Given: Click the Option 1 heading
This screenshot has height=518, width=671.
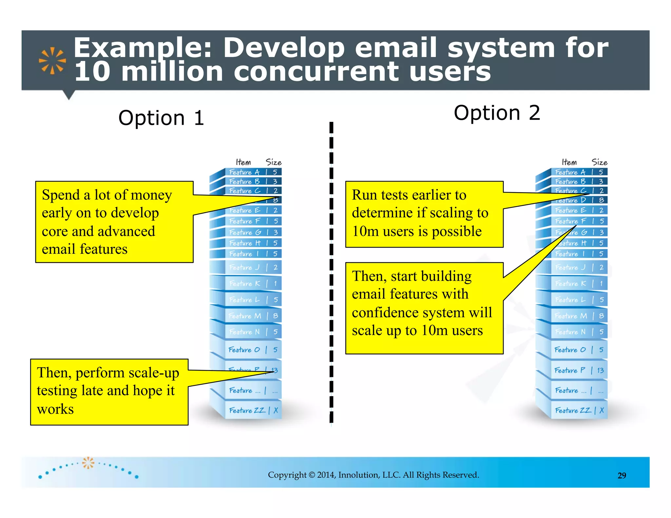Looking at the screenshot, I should click(x=161, y=118).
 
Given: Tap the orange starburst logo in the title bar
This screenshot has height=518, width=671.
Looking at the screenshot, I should click(x=52, y=61).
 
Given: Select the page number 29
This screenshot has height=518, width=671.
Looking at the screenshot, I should click(x=622, y=475).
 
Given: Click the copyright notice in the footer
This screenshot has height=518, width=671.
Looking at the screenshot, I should click(x=373, y=475).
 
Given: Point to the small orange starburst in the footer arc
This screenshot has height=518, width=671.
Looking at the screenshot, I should click(x=88, y=463).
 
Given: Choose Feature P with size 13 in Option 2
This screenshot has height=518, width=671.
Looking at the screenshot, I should click(x=579, y=370).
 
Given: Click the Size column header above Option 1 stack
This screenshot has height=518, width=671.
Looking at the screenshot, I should click(x=273, y=162).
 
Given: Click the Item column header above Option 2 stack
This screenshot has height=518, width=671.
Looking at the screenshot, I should click(x=569, y=162).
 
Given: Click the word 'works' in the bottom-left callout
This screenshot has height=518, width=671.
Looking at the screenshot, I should click(x=55, y=409).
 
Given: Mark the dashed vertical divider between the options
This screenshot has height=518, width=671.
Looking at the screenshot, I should click(x=331, y=272).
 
